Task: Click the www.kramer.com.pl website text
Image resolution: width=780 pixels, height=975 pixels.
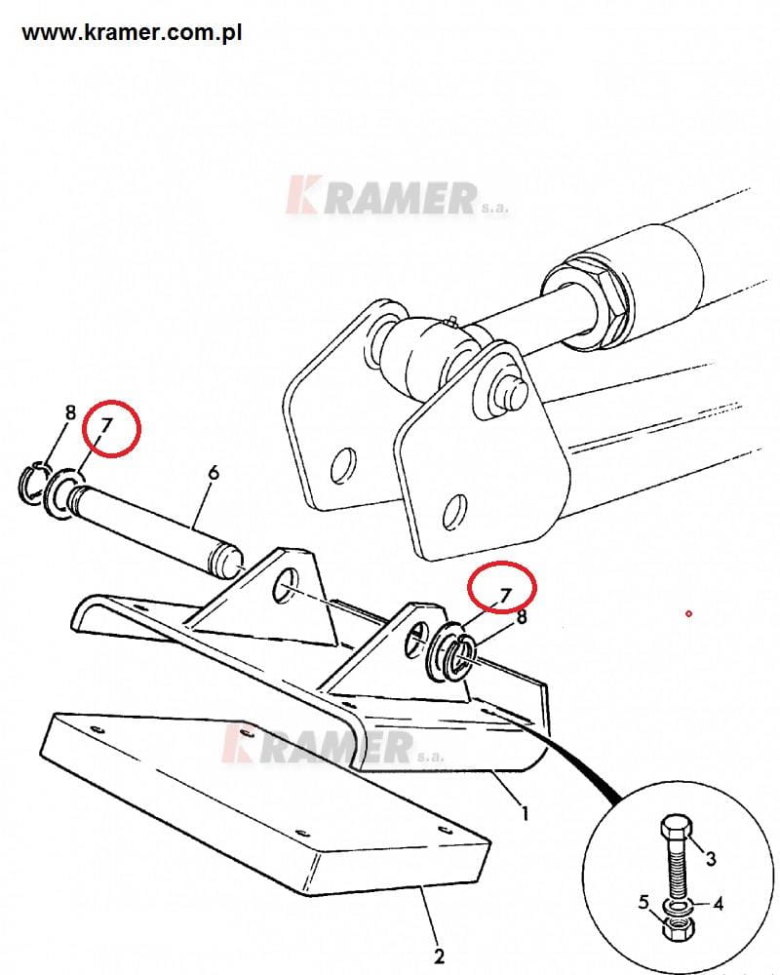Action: [x=132, y=32]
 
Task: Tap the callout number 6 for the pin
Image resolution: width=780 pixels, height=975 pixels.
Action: [x=214, y=473]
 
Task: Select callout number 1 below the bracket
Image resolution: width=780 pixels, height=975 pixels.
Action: [x=525, y=812]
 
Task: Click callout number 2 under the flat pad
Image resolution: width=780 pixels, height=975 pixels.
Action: [x=439, y=955]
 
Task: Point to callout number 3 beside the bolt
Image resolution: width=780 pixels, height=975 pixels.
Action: [x=711, y=859]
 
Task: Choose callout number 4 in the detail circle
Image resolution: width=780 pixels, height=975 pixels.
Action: [x=718, y=903]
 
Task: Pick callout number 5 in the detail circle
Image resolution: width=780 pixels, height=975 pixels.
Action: [x=643, y=902]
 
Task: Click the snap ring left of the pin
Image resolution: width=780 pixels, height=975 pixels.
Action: [x=30, y=480]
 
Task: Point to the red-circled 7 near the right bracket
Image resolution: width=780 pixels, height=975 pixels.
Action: [x=505, y=596]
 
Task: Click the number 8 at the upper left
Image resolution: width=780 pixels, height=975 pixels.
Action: [x=70, y=412]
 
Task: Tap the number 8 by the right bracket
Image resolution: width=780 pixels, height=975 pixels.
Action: [x=522, y=617]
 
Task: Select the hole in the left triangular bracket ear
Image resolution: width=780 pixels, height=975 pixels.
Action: [x=284, y=585]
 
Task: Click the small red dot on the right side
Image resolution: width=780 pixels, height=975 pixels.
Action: [x=688, y=613]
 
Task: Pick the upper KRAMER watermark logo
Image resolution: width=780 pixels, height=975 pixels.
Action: [x=396, y=196]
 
